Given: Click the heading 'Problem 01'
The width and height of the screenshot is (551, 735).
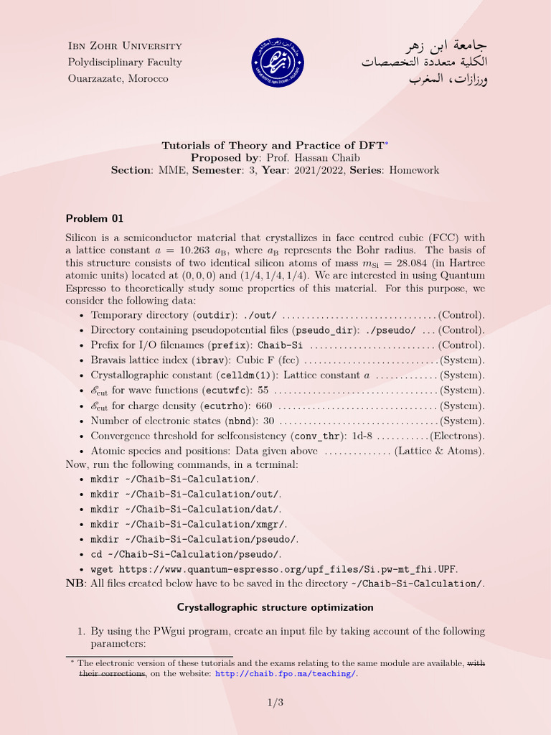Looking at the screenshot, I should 95,218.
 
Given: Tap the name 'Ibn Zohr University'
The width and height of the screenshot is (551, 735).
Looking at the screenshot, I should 124,46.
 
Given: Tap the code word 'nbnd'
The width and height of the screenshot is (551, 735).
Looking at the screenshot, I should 240,421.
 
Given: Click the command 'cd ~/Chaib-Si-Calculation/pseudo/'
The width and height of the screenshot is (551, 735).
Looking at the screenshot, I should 186,554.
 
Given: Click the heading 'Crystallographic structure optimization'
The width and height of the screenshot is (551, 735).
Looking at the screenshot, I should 275,607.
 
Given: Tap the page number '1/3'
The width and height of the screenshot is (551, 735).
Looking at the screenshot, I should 275,703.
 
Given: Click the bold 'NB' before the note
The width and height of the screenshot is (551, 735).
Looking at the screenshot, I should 74,584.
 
